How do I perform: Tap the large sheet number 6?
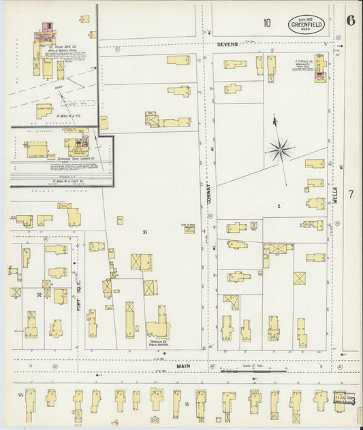point(349,20)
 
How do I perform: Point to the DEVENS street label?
point(227,44)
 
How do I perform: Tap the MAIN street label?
point(183,365)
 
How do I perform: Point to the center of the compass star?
point(280,148)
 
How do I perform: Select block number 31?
point(144,233)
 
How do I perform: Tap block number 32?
point(40,294)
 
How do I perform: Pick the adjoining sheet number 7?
point(351,195)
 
